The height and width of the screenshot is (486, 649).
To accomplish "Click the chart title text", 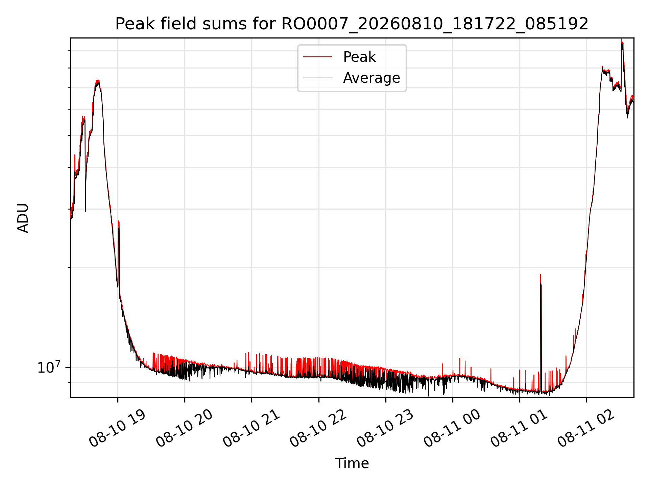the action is tap(352, 24).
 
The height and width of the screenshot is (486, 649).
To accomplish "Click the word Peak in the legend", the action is tap(359, 57).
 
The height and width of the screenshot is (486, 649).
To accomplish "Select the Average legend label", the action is tap(371, 78).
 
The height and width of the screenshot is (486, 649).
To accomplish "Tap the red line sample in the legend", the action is tap(317, 57).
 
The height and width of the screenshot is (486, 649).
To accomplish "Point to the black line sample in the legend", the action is tap(317, 78).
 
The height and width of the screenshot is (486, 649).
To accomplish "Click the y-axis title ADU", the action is tap(23, 218).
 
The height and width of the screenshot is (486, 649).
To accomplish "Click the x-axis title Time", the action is tap(352, 463).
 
